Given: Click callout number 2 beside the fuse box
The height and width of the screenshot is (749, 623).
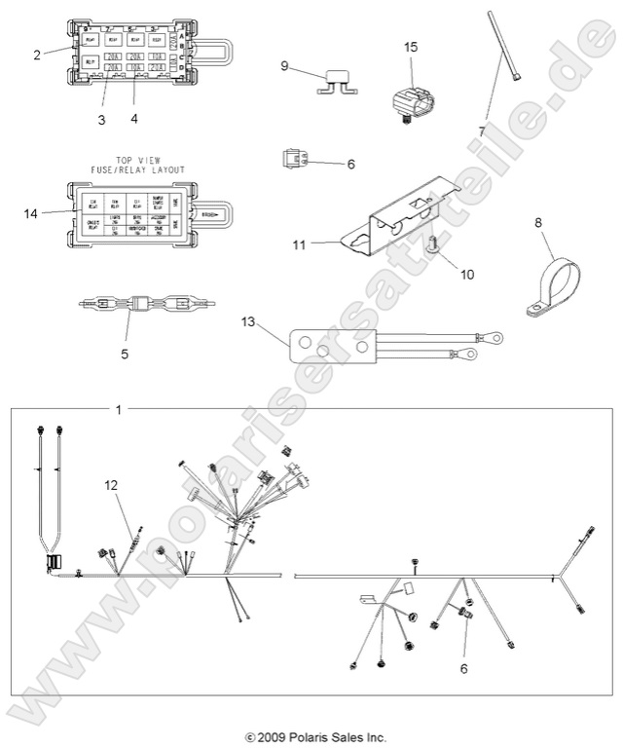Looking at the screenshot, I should [x=37, y=56].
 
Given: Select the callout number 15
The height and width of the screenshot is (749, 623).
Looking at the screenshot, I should [x=411, y=47].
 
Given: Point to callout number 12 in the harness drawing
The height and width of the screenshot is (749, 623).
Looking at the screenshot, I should [x=113, y=484].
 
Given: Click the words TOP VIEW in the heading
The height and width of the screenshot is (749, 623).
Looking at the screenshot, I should [x=137, y=158].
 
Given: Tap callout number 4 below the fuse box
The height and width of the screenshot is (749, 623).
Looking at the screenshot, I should [x=134, y=118].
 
